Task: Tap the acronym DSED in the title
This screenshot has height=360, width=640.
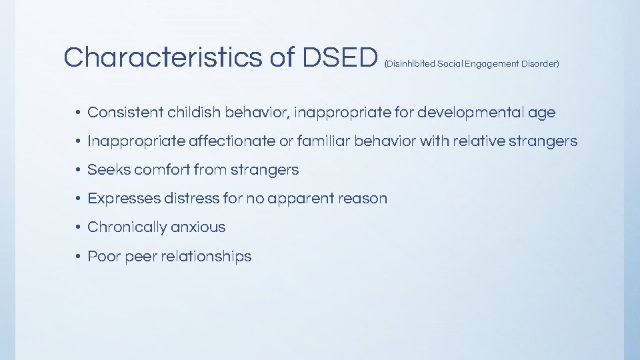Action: (340, 58)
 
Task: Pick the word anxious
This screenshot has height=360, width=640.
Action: (198, 227)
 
